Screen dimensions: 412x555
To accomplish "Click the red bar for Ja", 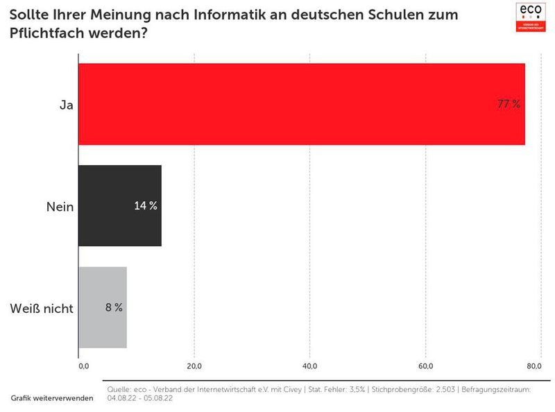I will pos(301,104).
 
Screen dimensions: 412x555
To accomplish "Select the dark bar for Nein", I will pos(119,206).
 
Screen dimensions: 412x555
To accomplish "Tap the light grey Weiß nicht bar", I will pos(103,307).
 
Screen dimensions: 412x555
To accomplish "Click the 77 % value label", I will pos(509,104).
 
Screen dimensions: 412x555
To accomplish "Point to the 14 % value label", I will pos(146,206).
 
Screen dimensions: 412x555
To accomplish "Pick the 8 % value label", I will pos(114,307).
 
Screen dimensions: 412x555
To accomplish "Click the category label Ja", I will pos(67,105).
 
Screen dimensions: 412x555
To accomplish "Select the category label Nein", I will pos(60,207).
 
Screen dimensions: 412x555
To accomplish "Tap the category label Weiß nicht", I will pos(42,309).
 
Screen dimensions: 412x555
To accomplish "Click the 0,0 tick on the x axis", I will pos(84,366).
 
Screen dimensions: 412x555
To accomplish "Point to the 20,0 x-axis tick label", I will pos(194,366).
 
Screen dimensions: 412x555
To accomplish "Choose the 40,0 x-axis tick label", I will pos(310,366).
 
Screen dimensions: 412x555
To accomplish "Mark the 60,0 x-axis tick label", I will pos(426,366).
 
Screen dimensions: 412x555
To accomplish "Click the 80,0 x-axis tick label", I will pos(533,366).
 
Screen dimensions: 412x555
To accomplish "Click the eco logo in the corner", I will pos(532,16).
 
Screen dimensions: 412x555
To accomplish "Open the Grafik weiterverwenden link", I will pos(52,399).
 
